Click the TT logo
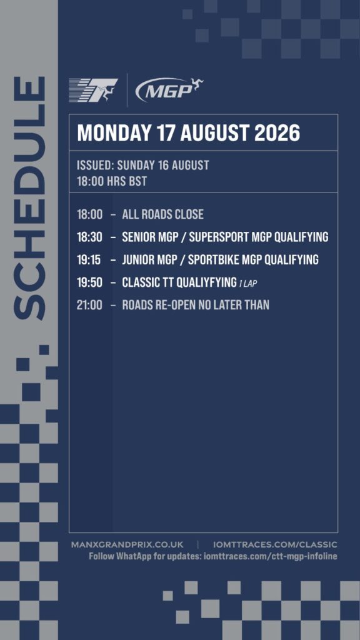pos(94,91)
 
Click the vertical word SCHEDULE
pos(29,198)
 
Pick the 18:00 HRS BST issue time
pos(111,181)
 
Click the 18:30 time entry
pos(89,237)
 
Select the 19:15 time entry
pos(89,259)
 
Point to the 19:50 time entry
pos(89,282)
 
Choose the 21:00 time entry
pos(89,305)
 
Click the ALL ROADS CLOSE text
pos(163,214)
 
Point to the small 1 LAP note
pos(248,283)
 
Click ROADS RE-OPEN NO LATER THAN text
pos(196,305)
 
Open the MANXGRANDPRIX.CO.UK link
pos(127,545)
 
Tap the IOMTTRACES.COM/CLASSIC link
pos(275,545)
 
